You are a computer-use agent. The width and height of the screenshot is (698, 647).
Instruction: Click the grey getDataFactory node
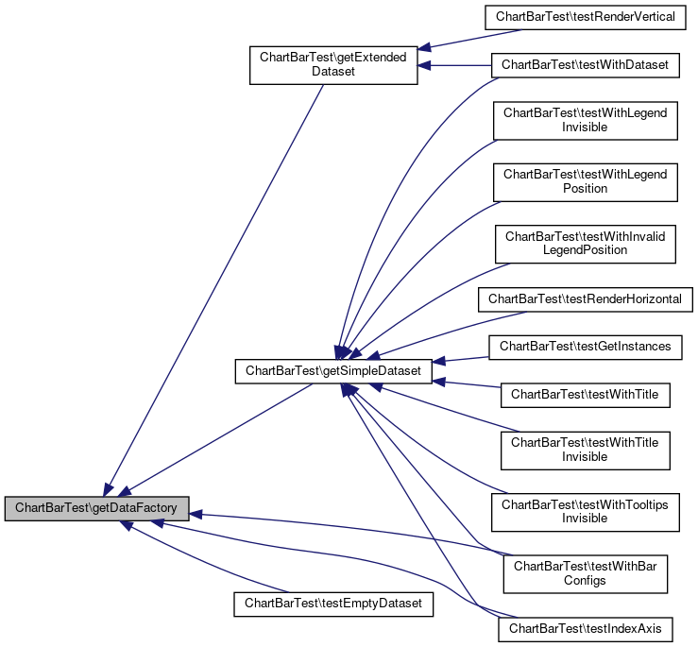click(x=97, y=507)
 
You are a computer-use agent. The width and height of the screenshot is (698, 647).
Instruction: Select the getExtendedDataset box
click(x=332, y=64)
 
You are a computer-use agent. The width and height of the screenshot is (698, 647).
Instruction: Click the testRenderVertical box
click(x=586, y=16)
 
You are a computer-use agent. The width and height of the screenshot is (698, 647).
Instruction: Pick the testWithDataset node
click(x=586, y=65)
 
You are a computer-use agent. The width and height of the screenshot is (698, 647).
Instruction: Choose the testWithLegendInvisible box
click(x=586, y=120)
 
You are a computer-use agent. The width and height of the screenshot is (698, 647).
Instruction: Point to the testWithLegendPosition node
click(x=586, y=180)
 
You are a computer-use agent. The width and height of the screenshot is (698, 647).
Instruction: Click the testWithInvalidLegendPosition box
click(x=586, y=243)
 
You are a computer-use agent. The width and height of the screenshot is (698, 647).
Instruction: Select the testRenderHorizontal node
click(x=586, y=299)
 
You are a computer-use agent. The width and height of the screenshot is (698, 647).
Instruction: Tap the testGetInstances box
click(x=586, y=347)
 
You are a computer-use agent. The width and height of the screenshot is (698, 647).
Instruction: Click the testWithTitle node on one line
click(x=586, y=394)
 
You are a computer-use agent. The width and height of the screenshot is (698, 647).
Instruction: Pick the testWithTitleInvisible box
click(x=586, y=449)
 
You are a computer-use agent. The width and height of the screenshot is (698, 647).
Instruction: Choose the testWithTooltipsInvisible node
click(x=586, y=511)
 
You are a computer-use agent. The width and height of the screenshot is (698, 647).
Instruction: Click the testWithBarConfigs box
click(x=586, y=573)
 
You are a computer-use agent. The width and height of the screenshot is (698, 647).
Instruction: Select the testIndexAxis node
click(x=586, y=628)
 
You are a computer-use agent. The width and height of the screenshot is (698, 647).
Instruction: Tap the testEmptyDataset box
click(x=332, y=602)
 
